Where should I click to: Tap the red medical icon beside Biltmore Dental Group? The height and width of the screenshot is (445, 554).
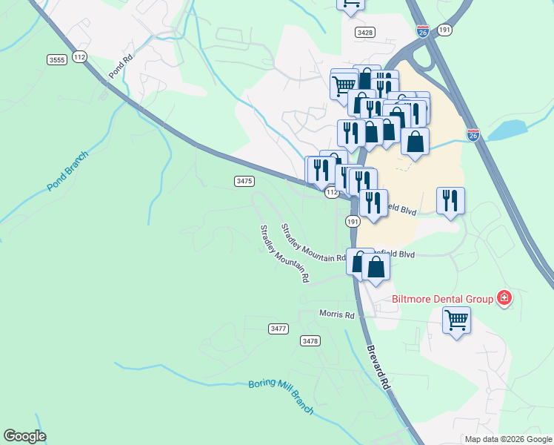click(504, 298)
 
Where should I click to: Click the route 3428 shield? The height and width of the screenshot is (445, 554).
click(364, 32)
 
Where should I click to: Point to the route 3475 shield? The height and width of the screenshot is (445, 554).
click(244, 181)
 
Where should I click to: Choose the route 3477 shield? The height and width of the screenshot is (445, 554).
click(278, 328)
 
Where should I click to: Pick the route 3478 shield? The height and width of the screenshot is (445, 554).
click(310, 340)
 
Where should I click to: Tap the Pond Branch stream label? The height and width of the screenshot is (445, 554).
click(67, 171)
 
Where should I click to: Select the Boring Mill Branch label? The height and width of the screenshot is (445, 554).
click(281, 398)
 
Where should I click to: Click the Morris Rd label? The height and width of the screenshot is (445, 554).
click(337, 314)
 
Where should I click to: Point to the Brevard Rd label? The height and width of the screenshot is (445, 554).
click(377, 368)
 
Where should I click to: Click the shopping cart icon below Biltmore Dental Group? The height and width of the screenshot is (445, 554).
click(456, 320)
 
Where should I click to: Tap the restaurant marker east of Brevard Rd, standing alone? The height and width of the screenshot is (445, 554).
click(450, 200)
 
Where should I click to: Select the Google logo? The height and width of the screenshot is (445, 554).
click(24, 436)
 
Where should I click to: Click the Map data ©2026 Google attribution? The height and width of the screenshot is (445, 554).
click(508, 439)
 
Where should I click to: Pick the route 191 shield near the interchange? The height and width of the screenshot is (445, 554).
click(444, 29)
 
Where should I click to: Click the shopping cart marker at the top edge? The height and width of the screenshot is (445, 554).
click(350, 4)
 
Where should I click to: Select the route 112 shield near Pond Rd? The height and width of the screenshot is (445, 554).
click(80, 57)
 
